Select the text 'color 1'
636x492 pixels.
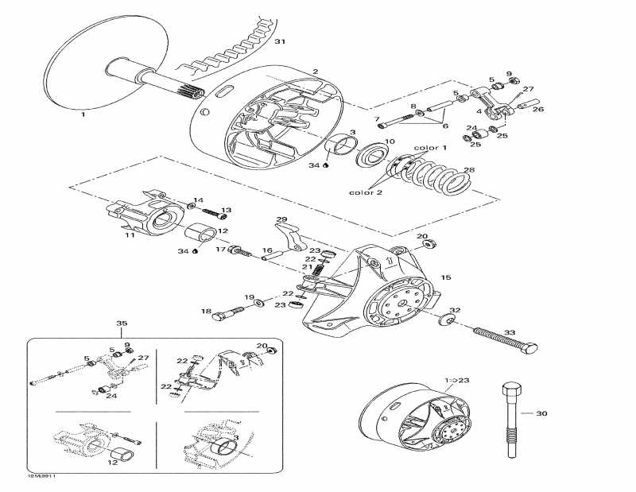point(430,148)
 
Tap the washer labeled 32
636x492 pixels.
point(445,320)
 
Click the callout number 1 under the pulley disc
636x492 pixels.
point(82,114)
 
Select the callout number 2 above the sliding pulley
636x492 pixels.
point(315,72)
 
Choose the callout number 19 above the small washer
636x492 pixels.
point(249,296)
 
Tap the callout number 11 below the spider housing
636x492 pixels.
point(130,235)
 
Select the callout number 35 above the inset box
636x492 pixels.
point(122,323)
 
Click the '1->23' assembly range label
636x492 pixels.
point(458,381)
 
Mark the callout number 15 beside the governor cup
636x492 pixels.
point(445,277)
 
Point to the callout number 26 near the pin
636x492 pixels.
point(538,110)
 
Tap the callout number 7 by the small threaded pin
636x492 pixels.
point(378,119)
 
